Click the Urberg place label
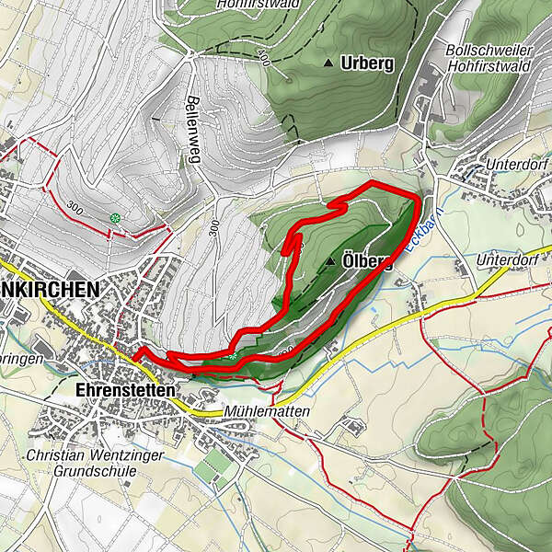click(x=367, y=63)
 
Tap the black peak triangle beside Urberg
click(x=328, y=63)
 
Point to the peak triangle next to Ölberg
click(x=330, y=262)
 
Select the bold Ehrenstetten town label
click(x=122, y=390)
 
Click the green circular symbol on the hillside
click(x=115, y=218)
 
